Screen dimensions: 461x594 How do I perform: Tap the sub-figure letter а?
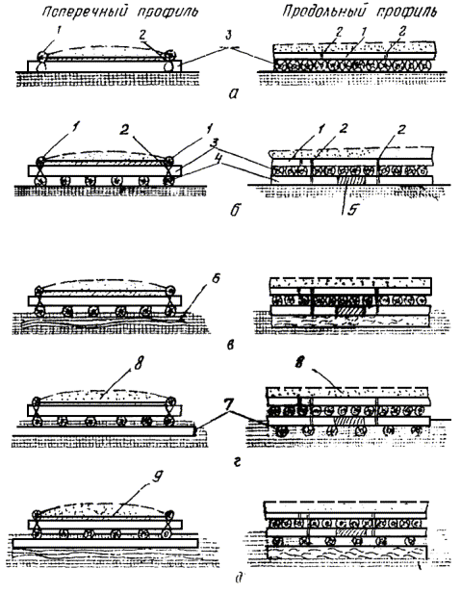click(x=234, y=94)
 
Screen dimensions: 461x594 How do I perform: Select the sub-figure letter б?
click(x=235, y=210)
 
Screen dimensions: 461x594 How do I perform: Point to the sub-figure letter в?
click(x=231, y=345)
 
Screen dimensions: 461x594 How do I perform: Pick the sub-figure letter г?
click(x=237, y=462)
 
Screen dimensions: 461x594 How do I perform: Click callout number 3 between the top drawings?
click(x=227, y=37)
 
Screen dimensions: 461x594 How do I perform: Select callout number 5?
click(x=352, y=210)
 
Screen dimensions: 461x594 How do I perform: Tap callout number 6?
click(x=216, y=279)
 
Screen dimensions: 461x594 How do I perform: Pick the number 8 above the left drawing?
click(x=139, y=364)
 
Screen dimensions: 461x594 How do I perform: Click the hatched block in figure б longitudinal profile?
click(x=350, y=180)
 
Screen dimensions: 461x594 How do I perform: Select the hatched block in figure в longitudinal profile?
click(x=348, y=311)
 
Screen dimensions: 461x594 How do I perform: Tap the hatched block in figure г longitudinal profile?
click(x=348, y=421)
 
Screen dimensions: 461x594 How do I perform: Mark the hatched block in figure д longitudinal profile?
click(x=351, y=531)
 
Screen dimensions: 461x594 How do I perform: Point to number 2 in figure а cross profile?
click(x=142, y=35)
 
